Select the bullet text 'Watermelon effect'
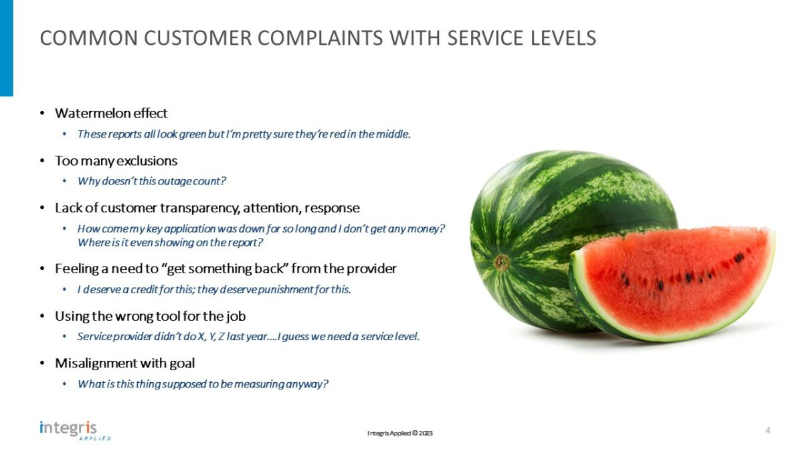tap(111, 113)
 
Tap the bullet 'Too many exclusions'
tap(116, 161)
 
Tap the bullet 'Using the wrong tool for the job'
tap(155, 316)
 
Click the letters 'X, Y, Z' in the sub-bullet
tap(212, 337)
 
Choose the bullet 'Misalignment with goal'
tap(124, 363)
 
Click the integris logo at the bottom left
tap(68, 428)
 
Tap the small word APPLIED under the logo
tap(95, 439)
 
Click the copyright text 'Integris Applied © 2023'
tap(400, 434)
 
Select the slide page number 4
tap(768, 430)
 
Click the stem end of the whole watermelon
tap(502, 262)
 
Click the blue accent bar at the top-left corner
tap(6, 47)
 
